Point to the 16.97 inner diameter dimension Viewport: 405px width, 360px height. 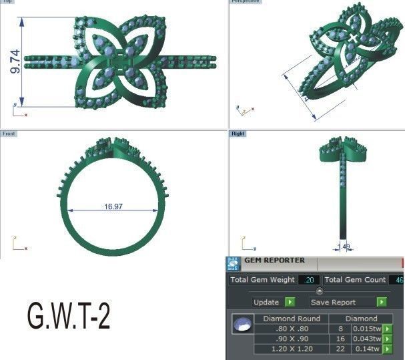[x=113, y=207]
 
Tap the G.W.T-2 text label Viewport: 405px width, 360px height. [x=68, y=316]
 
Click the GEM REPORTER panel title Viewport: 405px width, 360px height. [x=274, y=260]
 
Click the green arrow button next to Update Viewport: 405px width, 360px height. [x=290, y=302]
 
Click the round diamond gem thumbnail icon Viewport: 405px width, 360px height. [x=242, y=326]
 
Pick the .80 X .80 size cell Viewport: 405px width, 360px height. [x=292, y=329]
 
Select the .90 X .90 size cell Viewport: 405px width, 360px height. [x=292, y=339]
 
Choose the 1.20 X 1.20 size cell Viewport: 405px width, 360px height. [x=292, y=349]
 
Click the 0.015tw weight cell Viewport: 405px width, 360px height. [x=366, y=329]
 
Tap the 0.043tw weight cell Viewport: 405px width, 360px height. [x=366, y=339]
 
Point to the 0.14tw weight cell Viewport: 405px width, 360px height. [x=366, y=349]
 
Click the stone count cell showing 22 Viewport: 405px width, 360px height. [x=340, y=349]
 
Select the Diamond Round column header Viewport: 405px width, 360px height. [x=292, y=319]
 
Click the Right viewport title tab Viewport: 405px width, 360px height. [x=238, y=134]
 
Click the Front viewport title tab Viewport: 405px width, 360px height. [x=9, y=134]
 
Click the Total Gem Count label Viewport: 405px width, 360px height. [x=355, y=280]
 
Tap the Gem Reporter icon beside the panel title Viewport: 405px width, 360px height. [x=233, y=263]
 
